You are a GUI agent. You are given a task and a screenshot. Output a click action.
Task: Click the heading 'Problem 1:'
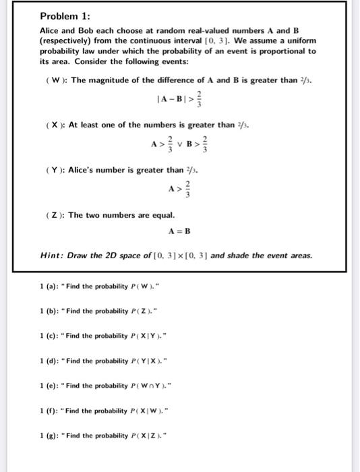61,16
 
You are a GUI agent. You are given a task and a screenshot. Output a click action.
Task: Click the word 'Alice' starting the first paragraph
51,31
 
